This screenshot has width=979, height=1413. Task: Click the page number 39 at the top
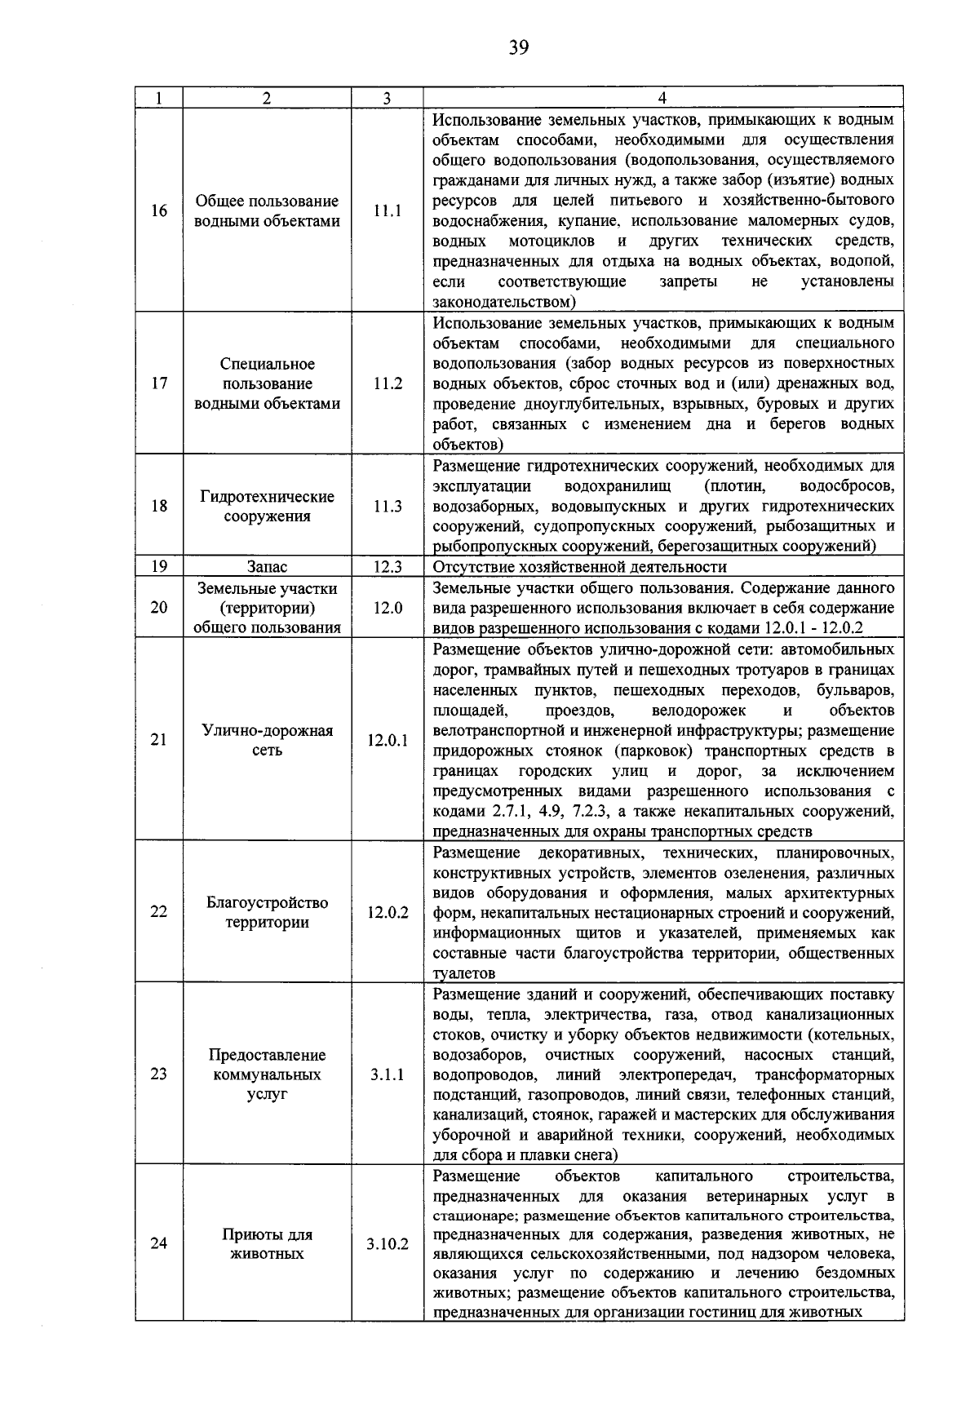click(x=519, y=47)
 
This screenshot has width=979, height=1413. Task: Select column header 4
click(x=662, y=98)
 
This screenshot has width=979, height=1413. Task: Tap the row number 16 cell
click(x=159, y=210)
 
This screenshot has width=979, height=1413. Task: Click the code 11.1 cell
click(x=388, y=210)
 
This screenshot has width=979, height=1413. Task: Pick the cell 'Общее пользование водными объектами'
click(x=268, y=211)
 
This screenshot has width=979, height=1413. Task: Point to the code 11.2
click(x=388, y=383)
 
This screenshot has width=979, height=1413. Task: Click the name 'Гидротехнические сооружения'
click(x=268, y=506)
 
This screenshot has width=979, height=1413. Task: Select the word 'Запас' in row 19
click(x=268, y=567)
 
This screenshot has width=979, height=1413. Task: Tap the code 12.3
click(x=388, y=567)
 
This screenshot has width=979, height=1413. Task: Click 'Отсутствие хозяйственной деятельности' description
click(x=579, y=567)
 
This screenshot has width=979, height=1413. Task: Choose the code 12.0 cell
click(x=388, y=608)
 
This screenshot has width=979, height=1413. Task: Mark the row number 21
click(x=159, y=740)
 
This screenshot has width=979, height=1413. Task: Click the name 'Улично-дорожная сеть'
click(x=268, y=740)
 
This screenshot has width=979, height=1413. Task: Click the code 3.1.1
click(x=388, y=1074)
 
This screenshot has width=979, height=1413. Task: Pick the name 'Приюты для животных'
click(x=268, y=1243)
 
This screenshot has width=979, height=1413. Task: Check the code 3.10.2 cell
click(x=388, y=1244)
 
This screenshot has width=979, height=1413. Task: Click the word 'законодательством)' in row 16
click(x=504, y=302)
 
